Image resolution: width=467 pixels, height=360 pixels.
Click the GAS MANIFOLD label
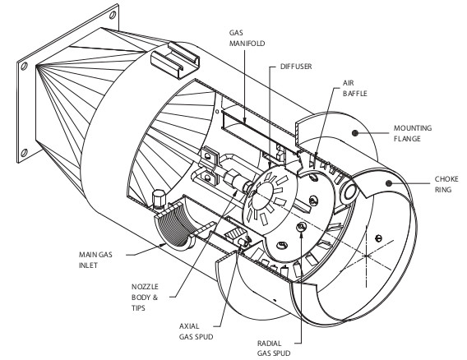pyautogui.click(x=247, y=38)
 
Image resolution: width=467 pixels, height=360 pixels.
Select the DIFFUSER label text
pyautogui.click(x=296, y=66)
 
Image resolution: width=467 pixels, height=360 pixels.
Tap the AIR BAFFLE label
pyautogui.click(x=354, y=88)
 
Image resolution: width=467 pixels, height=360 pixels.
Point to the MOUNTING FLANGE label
pyautogui.click(x=413, y=133)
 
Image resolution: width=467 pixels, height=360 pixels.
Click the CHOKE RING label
pyautogui.click(x=446, y=184)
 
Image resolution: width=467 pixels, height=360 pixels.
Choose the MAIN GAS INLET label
pyautogui.click(x=95, y=260)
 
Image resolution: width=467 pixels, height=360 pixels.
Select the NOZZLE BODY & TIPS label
pyautogui.click(x=145, y=298)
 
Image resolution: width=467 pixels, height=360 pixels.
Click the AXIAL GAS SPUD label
pyautogui.click(x=196, y=331)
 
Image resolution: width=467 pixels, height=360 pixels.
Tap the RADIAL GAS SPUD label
pyautogui.click(x=274, y=348)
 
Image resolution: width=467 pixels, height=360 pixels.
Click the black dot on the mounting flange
pyautogui.click(x=354, y=133)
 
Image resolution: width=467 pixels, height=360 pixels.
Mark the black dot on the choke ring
pyautogui.click(x=388, y=183)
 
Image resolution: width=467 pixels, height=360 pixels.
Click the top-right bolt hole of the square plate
pyautogui.click(x=113, y=15)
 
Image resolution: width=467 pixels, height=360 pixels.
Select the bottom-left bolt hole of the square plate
pyautogui.click(x=25, y=153)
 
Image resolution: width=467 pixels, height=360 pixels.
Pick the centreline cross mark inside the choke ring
pyautogui.click(x=366, y=256)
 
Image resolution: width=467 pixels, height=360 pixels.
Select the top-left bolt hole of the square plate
pyautogui.click(x=25, y=66)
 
